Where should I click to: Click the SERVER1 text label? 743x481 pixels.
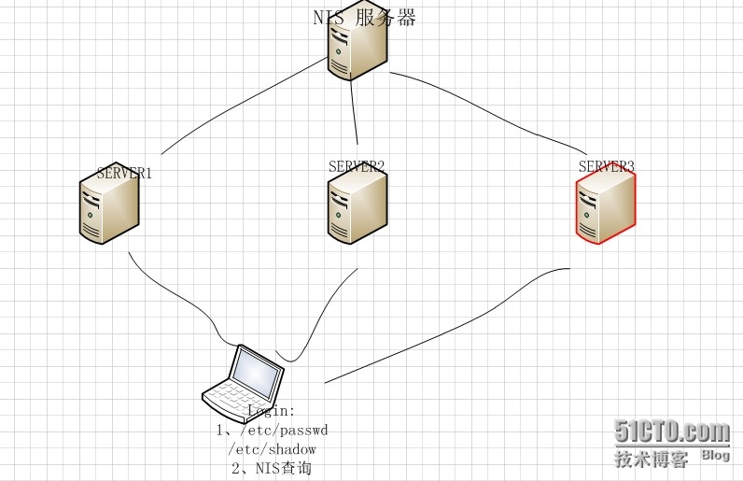[124, 173]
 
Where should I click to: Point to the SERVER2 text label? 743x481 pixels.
[357, 166]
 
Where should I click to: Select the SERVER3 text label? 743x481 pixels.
[606, 166]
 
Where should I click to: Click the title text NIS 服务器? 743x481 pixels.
[364, 18]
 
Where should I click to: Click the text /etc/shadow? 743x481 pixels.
[272, 449]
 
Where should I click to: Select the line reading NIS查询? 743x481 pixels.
[271, 468]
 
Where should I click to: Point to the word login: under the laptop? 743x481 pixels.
[272, 411]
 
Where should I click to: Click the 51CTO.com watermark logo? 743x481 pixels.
[672, 431]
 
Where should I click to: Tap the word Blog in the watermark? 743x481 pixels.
[715, 455]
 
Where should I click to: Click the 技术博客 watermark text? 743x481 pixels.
[652, 458]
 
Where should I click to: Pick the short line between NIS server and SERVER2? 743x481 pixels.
[355, 117]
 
